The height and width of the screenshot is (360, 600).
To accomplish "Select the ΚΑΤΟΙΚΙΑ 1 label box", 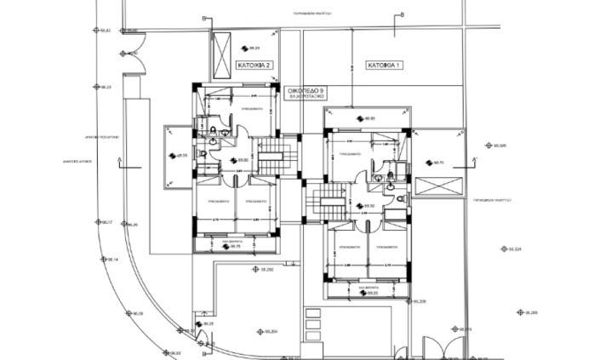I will (x=385, y=65).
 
